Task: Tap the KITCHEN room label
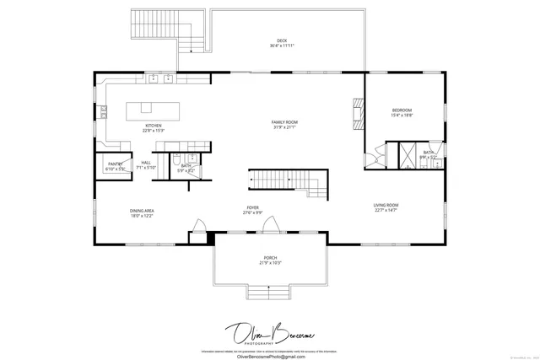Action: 153,127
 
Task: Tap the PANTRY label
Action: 115,165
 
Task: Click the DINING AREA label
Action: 141,212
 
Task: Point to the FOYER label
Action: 252,209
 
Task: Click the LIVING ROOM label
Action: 386,207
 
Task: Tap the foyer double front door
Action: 271,225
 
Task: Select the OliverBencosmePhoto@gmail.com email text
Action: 269,357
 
